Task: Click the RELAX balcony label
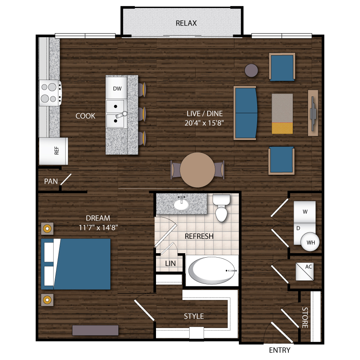tap(186, 23)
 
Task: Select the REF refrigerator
tap(54, 151)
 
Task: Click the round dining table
tap(198, 170)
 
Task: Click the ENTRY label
tap(279, 350)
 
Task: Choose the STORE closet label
tap(305, 317)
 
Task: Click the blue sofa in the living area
tap(245, 113)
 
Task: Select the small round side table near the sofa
tap(251, 70)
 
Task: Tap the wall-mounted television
tap(313, 113)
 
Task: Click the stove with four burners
tap(50, 93)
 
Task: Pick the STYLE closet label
tap(194, 316)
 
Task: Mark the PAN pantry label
tap(51, 181)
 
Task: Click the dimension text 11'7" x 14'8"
tap(98, 228)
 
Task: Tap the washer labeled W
tap(305, 211)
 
